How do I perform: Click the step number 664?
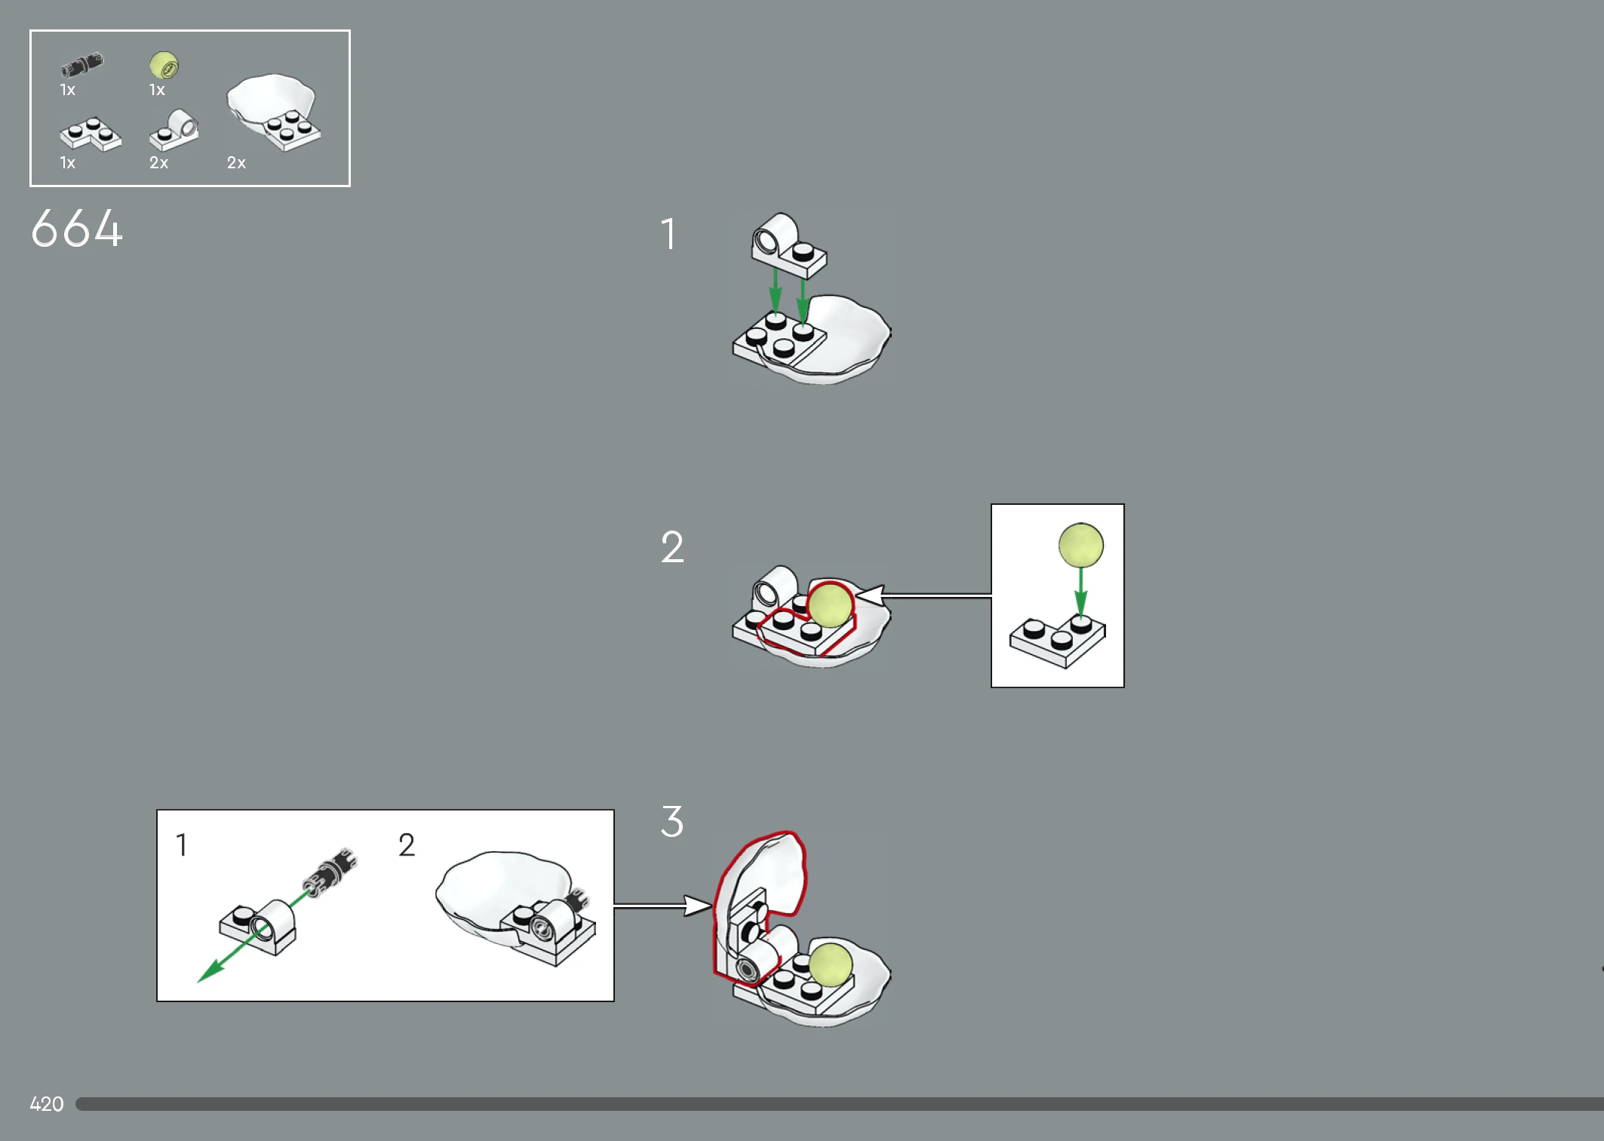(x=76, y=229)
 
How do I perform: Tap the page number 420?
(x=47, y=1104)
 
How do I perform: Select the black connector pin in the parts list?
(x=82, y=65)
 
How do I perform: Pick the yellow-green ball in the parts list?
(x=164, y=65)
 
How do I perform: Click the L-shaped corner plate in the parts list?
(x=91, y=134)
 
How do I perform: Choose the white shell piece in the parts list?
(x=274, y=111)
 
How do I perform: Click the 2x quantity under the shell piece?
(x=236, y=163)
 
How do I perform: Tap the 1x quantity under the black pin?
(x=67, y=90)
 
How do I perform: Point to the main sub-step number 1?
(x=668, y=234)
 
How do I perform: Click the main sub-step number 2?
(x=672, y=547)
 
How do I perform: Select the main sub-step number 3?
(x=672, y=821)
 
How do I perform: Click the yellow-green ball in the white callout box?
(x=1081, y=545)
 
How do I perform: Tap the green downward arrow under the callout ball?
(x=1081, y=594)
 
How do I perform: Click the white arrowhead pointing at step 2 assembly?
(x=868, y=595)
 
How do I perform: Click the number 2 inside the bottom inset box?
(x=407, y=845)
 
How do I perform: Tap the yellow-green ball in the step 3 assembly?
(x=831, y=964)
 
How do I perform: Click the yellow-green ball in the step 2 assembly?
(x=830, y=604)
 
